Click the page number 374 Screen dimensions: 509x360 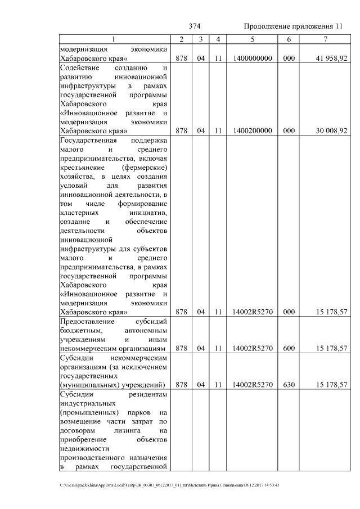point(195,26)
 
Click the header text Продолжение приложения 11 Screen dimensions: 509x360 point(293,26)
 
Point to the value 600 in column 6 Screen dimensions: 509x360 point(289,348)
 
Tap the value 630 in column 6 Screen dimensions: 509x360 point(289,385)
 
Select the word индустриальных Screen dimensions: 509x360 point(87,403)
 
